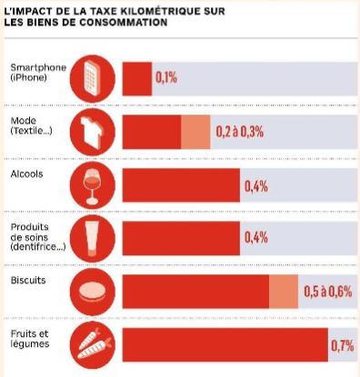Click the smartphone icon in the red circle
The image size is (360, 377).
pos(93,78)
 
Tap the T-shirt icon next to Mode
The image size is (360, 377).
pos(93,132)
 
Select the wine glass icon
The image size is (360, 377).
pos(93,185)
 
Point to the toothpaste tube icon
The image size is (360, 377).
pos(93,238)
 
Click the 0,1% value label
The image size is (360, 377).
pos(166,78)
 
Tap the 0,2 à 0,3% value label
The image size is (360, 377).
pos(240,132)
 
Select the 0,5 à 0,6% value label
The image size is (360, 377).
pos(328,292)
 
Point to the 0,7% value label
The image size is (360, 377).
pos(343,345)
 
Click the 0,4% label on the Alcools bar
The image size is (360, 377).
pos(256,186)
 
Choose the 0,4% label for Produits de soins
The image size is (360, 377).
pos(256,238)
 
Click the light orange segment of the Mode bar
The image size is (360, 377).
pos(195,132)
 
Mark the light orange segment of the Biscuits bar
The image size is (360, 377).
pos(284,292)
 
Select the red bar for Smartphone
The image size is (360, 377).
pos(137,79)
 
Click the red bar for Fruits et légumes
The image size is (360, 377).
pos(225,345)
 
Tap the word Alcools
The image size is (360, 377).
pos(26,174)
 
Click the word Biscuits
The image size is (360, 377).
pos(28,280)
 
